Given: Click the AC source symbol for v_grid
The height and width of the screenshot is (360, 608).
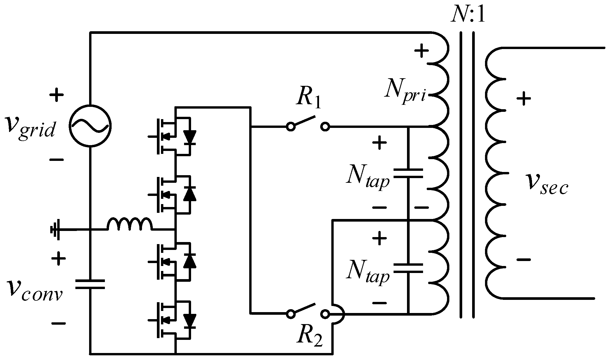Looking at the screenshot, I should (90, 126).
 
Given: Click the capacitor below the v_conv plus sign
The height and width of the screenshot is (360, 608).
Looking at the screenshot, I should (90, 284).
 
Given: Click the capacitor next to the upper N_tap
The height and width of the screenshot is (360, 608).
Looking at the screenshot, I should (408, 173).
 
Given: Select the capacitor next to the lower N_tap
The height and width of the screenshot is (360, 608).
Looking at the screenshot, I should (408, 268).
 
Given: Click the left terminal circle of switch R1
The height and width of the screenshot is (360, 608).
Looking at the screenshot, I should (290, 127).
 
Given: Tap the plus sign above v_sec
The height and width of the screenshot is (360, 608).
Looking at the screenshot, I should (524, 99).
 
